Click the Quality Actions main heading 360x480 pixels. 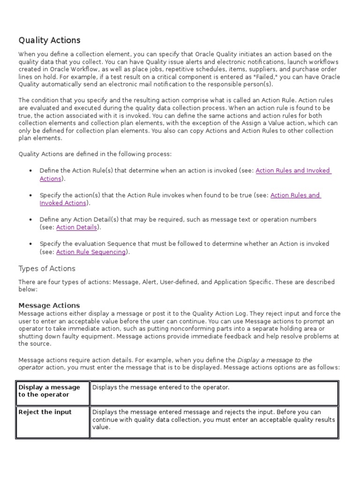49,40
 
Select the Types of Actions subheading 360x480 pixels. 46,269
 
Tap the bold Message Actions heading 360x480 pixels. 49,306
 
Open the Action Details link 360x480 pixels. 77,227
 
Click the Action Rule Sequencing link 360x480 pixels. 91,252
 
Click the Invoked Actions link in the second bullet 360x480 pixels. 63,203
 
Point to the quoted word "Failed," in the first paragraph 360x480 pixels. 244,77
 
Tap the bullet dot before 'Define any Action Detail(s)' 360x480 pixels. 30,219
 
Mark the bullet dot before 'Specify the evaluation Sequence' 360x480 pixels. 30,244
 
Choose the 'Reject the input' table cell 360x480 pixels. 45,412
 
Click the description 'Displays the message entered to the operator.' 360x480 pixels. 161,387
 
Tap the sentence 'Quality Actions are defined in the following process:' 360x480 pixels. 95,154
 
